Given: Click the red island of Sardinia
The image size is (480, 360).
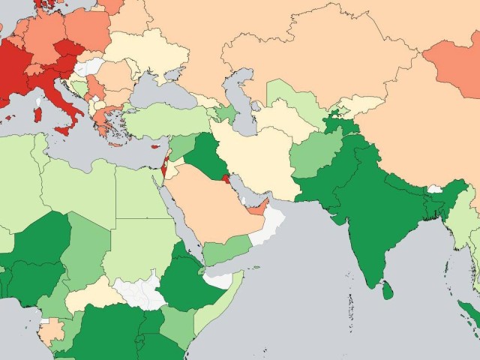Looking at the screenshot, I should (37, 115).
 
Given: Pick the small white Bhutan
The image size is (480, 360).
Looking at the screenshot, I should (433, 189).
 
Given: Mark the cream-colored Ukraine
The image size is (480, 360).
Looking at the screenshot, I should (150, 56).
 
